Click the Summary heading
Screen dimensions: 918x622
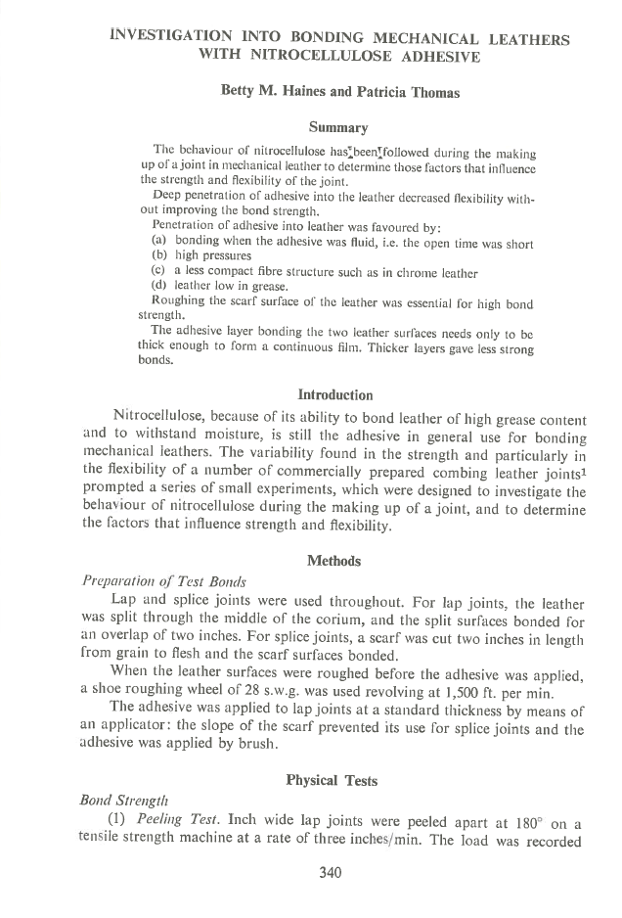[338, 127]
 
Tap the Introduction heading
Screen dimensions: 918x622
[335, 395]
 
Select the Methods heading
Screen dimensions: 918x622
[333, 561]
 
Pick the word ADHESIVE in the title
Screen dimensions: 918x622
[433, 57]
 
